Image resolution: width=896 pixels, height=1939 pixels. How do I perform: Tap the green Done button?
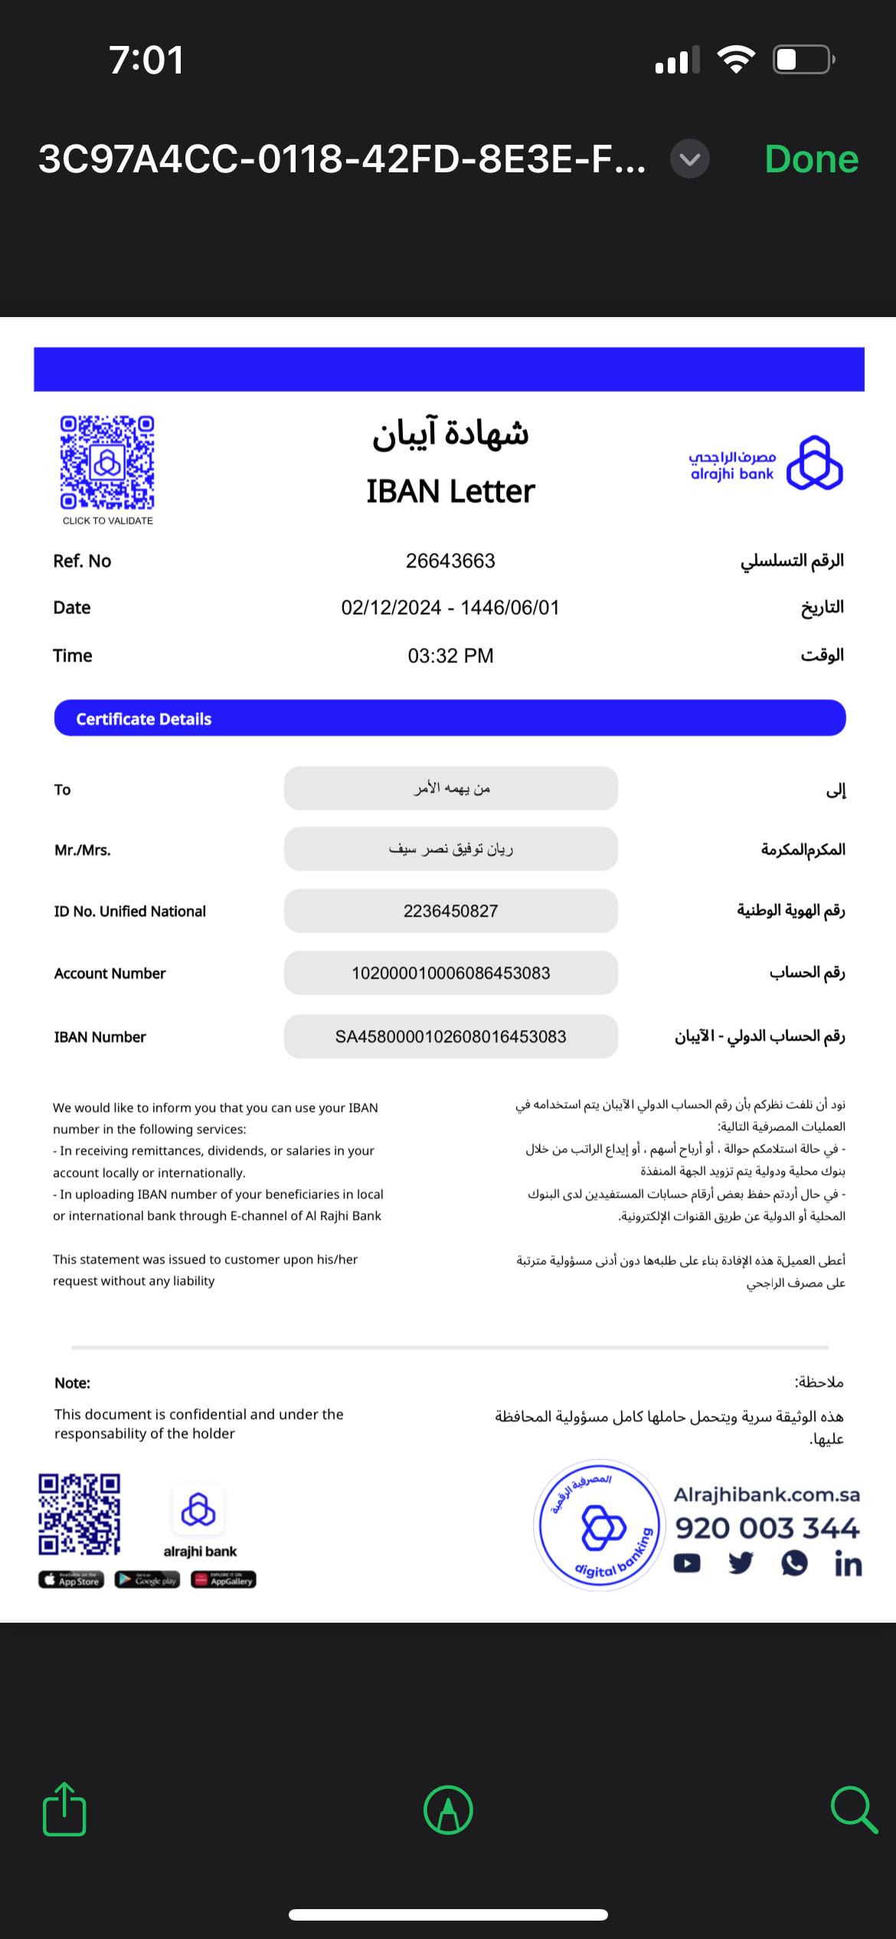(x=811, y=159)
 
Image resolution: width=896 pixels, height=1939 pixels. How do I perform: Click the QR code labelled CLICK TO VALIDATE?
(x=107, y=463)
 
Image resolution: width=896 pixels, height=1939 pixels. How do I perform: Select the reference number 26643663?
(x=450, y=561)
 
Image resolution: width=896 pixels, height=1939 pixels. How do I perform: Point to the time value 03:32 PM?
(x=450, y=656)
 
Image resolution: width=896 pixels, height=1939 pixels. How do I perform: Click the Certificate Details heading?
(x=144, y=719)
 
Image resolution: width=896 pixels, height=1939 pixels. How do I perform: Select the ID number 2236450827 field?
(x=450, y=911)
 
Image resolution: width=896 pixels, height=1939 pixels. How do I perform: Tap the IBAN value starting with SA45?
(x=450, y=1037)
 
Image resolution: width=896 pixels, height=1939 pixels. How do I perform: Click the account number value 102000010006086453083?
(x=450, y=973)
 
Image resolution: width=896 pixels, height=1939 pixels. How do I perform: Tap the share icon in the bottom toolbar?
(x=64, y=1810)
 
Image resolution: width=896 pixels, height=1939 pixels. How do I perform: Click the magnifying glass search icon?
(x=853, y=1810)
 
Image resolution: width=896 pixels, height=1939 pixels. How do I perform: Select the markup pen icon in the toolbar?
(x=448, y=1810)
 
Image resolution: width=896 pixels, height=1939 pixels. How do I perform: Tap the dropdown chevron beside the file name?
(x=690, y=159)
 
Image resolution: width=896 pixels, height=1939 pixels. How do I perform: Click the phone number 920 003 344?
(x=767, y=1528)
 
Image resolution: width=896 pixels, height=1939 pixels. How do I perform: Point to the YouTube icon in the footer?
(x=687, y=1563)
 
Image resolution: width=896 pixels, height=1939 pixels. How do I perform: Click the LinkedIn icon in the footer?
(x=848, y=1564)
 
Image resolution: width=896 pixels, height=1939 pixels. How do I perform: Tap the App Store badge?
(x=71, y=1580)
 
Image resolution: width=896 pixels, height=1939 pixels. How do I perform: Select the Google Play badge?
(x=147, y=1580)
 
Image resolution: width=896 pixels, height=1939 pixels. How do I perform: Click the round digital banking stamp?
(x=600, y=1525)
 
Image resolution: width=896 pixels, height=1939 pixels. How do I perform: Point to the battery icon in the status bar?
(x=803, y=60)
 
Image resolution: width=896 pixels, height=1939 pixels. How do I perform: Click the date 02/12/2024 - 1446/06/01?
(x=450, y=608)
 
